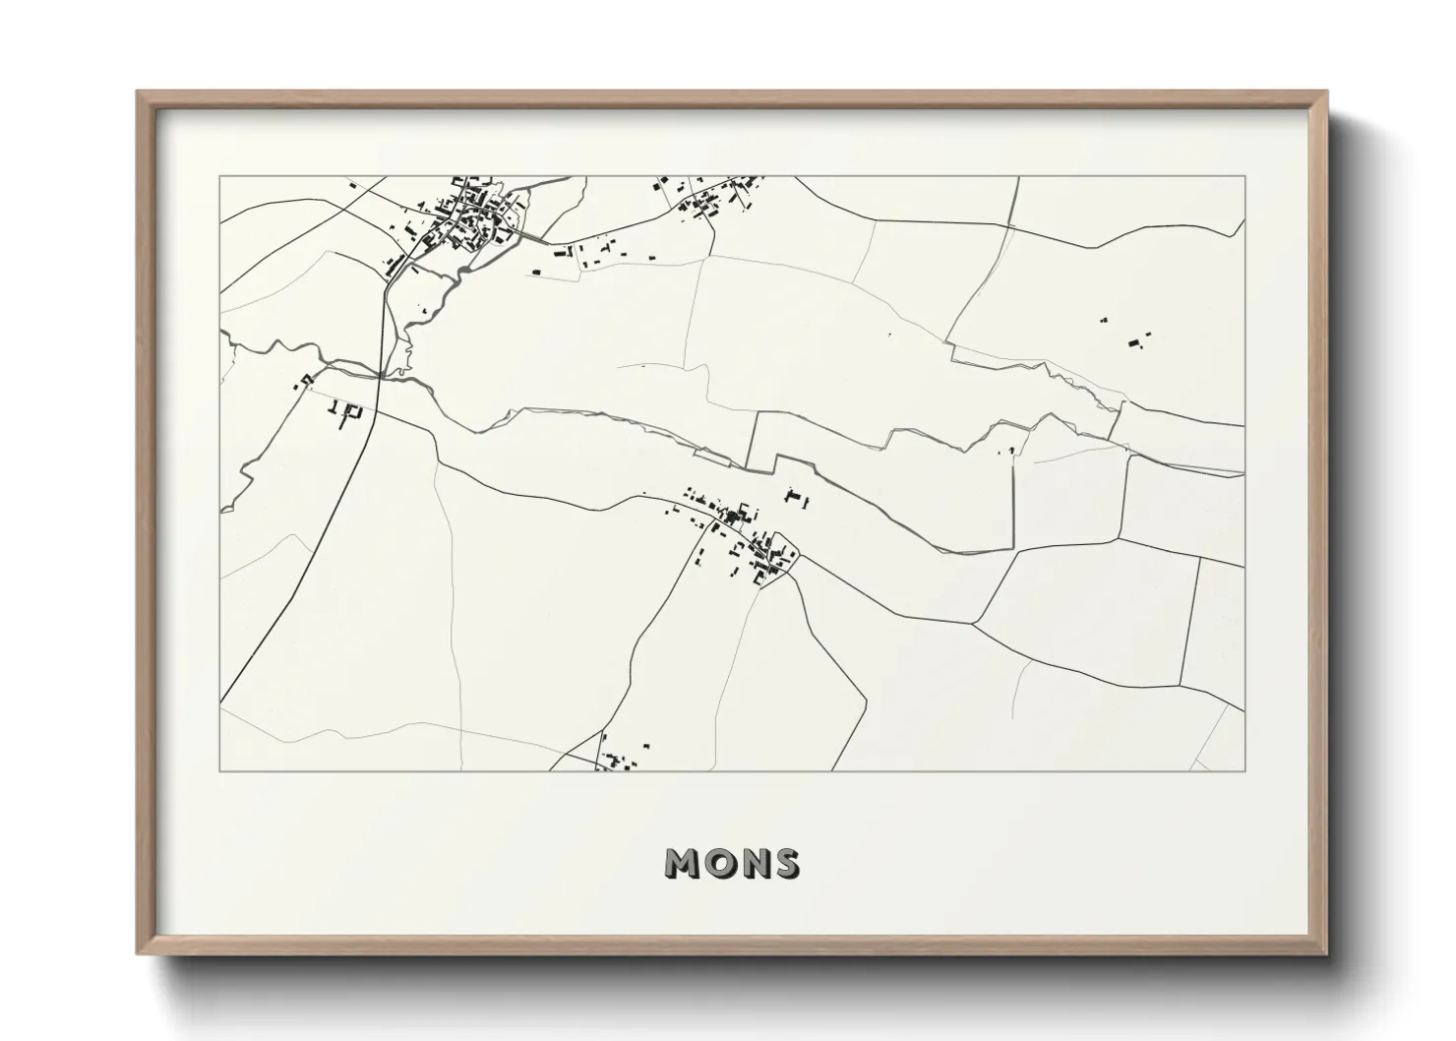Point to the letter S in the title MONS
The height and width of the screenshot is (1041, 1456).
pos(786,863)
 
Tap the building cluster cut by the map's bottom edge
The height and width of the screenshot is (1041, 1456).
pos(620,758)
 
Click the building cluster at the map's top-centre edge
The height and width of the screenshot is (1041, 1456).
pos(708,197)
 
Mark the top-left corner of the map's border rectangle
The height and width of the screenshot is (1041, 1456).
pos(220,177)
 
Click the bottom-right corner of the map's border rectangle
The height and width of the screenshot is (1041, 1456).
pos(1244,770)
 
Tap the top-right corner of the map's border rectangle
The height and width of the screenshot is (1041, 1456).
pos(1244,177)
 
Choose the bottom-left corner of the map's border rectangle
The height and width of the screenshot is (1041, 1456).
pos(220,770)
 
